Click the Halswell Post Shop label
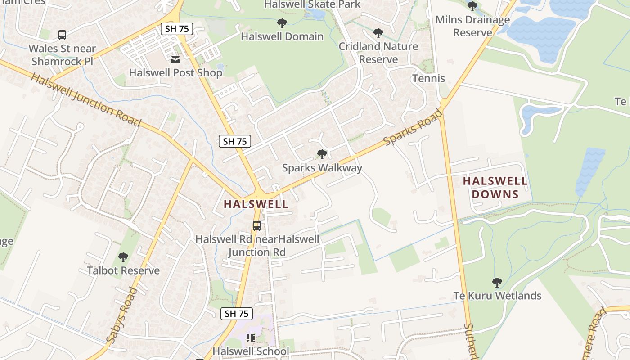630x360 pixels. point(175,72)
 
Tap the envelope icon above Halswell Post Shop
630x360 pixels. point(175,59)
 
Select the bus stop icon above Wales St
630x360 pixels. point(62,35)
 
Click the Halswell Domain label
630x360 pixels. point(282,36)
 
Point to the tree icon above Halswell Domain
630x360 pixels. point(282,23)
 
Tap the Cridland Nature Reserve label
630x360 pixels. point(378,53)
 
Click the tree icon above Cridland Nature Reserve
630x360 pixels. point(378,33)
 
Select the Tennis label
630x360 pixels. point(428,78)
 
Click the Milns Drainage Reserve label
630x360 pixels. point(472,26)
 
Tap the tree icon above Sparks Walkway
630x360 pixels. point(322,154)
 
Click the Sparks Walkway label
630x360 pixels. point(322,168)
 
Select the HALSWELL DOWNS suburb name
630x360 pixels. point(495,188)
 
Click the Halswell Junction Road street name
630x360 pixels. point(86,100)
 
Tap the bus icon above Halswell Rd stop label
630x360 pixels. point(257,226)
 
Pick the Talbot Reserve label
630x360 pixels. point(123,270)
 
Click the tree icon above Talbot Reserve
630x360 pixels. point(123,257)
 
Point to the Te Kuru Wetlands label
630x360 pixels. point(497,296)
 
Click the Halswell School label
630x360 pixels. point(251,351)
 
